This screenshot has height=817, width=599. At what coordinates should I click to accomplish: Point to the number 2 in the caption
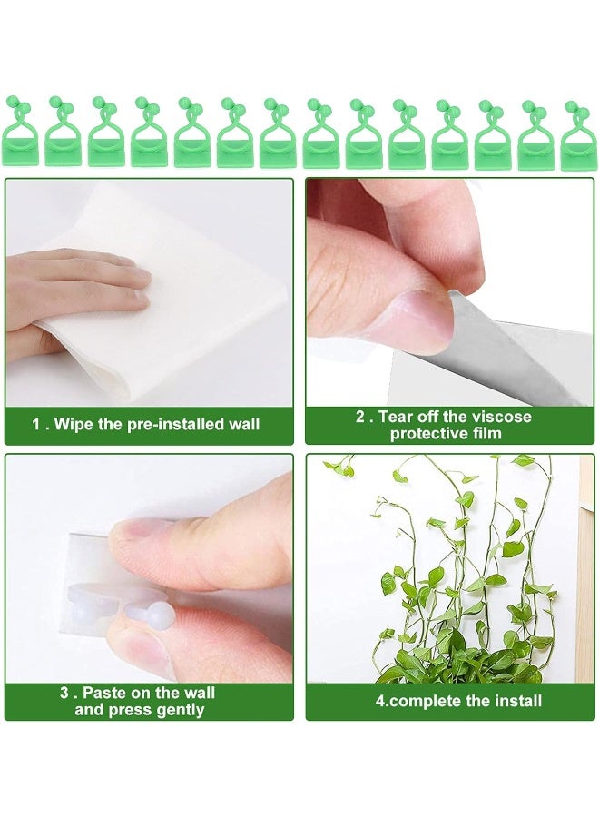tap(359, 417)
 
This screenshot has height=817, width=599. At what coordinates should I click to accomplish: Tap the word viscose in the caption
tap(503, 417)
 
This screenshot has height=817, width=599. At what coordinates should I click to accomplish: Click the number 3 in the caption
tap(64, 693)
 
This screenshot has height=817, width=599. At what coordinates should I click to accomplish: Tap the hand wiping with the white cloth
tap(73, 290)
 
